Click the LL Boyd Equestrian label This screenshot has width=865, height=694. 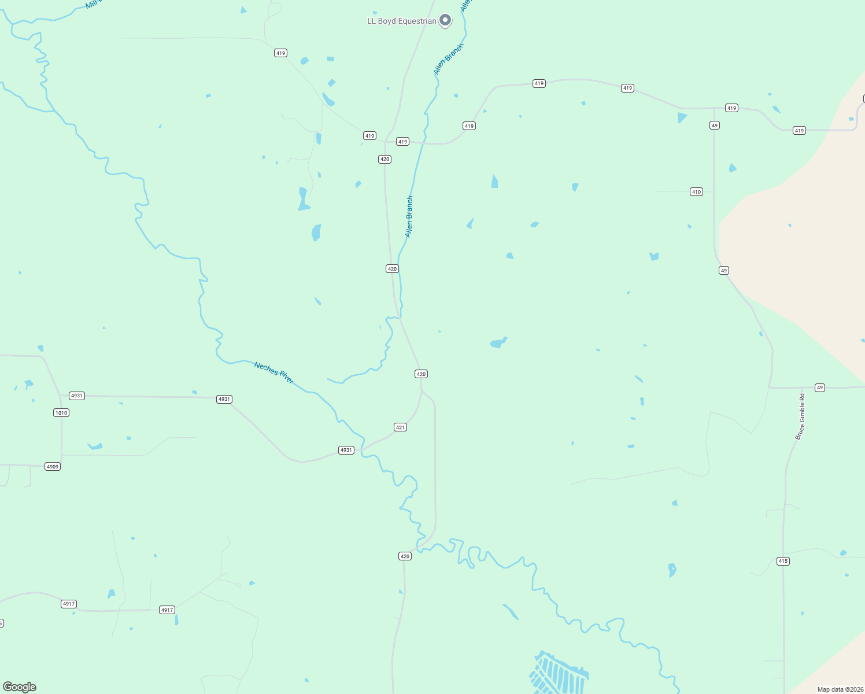pos(402,21)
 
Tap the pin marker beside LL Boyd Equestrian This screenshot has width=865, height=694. pos(445,20)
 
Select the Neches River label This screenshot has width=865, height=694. pos(274,372)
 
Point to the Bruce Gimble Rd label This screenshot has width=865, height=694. pos(800,416)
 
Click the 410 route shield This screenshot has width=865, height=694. pos(696,192)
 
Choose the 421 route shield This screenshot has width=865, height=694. pos(401,427)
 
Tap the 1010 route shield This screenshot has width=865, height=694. pos(61,413)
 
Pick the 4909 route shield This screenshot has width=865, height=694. pos(53,467)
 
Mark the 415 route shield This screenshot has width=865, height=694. pos(783,561)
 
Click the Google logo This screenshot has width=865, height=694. pos(20,687)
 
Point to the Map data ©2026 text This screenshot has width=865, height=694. pos(840,689)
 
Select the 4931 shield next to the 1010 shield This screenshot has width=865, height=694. pos(77,396)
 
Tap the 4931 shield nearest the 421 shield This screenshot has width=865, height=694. pos(346,450)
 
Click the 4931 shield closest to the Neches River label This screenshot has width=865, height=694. pos(224,399)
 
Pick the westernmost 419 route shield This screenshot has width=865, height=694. pos(280,53)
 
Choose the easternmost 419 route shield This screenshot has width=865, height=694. pos(799,131)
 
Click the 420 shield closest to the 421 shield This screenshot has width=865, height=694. pos(421,374)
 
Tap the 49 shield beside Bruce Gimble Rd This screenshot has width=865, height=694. pos(819,387)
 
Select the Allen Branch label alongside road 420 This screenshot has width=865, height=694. pos(409,216)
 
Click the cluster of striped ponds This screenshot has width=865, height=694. pos(559,674)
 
